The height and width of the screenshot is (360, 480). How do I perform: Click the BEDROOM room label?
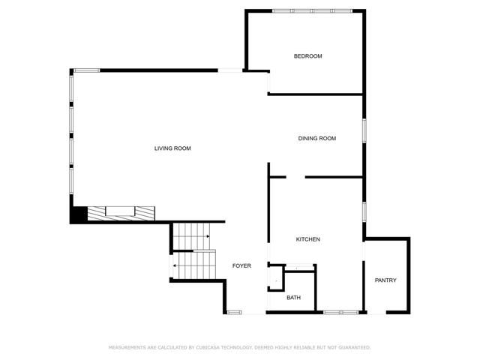pos(307,56)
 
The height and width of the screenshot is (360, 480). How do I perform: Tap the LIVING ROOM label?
pos(172,148)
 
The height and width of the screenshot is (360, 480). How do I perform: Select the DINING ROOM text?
pos(316,138)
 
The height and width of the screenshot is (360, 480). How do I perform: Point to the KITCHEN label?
pos(308,239)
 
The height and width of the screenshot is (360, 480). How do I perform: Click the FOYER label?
pos(241,265)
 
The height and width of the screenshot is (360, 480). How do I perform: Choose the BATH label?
pos(293,298)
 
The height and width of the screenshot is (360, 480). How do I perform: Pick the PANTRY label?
pos(385,280)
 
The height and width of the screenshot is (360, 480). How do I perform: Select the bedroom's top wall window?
pos(312,11)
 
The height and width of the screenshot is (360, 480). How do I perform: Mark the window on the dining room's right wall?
pos(364,130)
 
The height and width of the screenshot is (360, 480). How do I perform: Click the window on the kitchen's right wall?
pos(364,211)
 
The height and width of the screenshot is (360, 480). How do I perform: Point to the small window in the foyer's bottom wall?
pos(234,312)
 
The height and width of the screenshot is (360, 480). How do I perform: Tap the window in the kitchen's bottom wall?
pos(341,312)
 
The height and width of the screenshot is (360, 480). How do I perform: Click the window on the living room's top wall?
pos(87,70)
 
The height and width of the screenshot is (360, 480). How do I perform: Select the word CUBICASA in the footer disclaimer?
pos(207,347)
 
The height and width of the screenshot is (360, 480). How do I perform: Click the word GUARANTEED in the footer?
pos(355,347)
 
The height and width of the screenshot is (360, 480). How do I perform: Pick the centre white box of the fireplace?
pos(120,211)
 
